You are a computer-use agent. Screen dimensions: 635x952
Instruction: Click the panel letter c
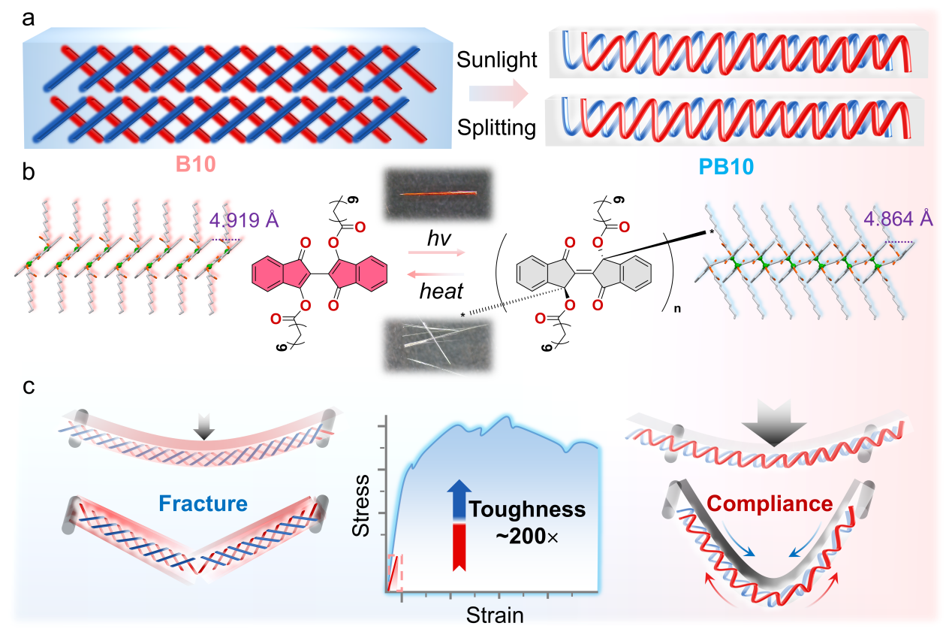pyautogui.click(x=29, y=388)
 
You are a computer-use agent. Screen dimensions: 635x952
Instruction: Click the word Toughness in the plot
pyautogui.click(x=528, y=510)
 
